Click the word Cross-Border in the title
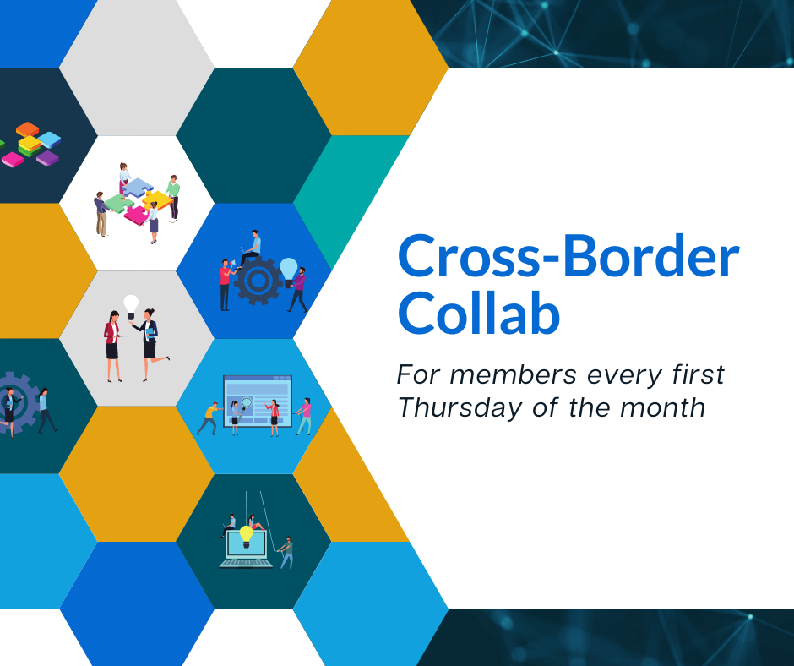tap(568, 256)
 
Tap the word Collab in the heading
tap(479, 314)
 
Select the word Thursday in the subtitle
tap(460, 408)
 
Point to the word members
tap(513, 375)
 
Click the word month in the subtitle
tap(662, 407)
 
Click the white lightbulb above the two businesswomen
tap(131, 307)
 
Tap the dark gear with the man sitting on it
tap(258, 281)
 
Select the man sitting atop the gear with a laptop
tap(251, 248)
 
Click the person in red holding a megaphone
tap(226, 285)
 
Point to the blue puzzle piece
tap(137, 187)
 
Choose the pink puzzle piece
tap(136, 215)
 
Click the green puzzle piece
tap(119, 203)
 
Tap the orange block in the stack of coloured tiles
tap(27, 128)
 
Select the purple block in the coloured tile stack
tap(47, 158)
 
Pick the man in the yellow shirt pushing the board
tap(209, 418)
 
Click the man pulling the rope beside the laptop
tap(286, 553)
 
